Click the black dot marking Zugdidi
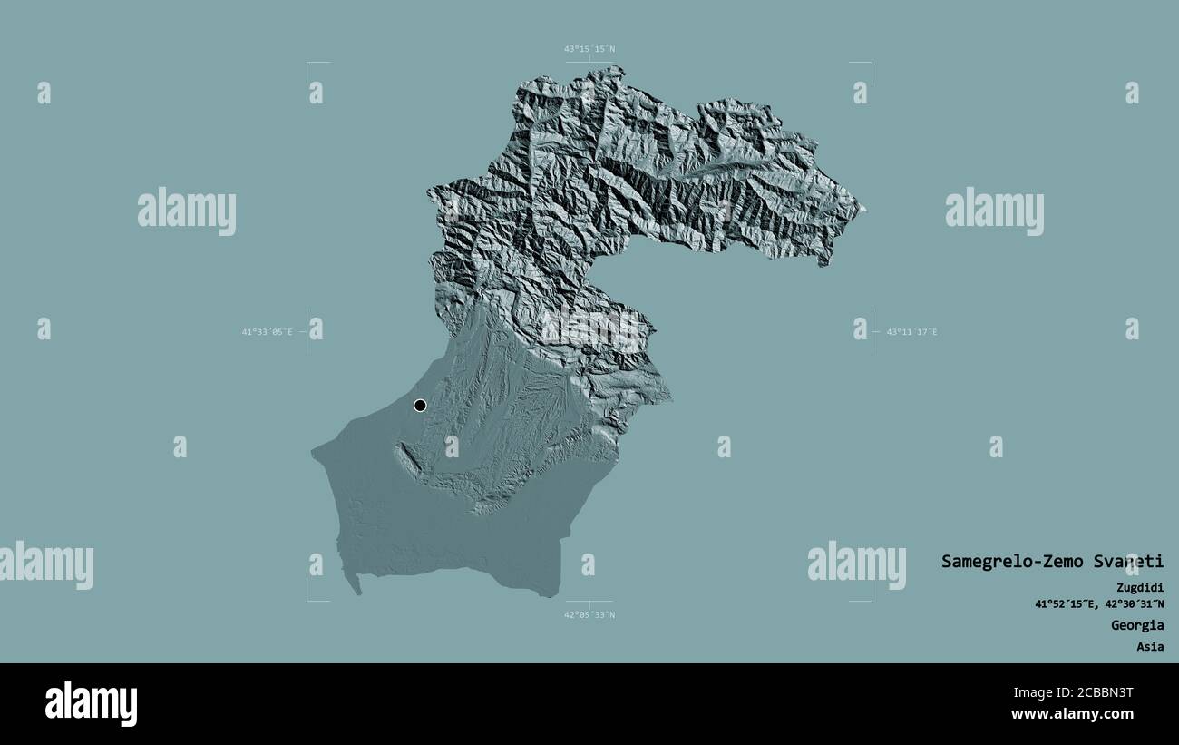420,406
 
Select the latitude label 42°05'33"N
589,614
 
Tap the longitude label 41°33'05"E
267,332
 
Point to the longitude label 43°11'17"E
911,332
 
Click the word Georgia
1137,625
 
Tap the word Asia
1150,647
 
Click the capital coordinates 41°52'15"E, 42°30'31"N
1099,603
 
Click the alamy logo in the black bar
92,704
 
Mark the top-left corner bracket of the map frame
308,64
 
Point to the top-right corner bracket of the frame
870,64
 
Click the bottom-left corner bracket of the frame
308,599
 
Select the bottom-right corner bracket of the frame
870,599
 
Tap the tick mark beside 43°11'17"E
872,332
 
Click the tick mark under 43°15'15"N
589,62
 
